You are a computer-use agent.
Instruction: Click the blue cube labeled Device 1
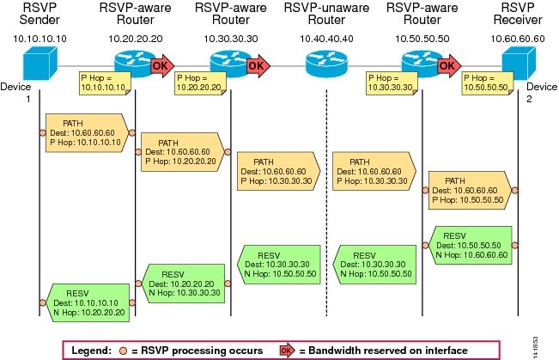(39, 64)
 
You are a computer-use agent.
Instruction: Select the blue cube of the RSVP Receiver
(519, 64)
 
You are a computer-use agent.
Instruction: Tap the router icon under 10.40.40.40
(326, 64)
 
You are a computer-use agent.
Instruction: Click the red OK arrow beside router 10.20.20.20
(162, 65)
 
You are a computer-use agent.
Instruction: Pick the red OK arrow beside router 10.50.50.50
(449, 65)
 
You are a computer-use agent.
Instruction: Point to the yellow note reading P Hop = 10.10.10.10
(105, 83)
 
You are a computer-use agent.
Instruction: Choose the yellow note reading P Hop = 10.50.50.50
(488, 83)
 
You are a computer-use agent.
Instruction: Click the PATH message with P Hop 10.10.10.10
(87, 133)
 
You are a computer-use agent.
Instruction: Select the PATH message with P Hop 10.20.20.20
(183, 152)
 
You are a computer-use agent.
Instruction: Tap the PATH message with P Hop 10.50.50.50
(470, 190)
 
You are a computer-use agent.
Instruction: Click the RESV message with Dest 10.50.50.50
(470, 245)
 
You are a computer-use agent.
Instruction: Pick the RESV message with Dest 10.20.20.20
(183, 284)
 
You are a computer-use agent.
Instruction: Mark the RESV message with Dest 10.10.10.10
(88, 303)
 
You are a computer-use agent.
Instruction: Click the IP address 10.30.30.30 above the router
(231, 39)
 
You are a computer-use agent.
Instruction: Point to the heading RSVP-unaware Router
(326, 14)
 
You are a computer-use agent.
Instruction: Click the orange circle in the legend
(123, 351)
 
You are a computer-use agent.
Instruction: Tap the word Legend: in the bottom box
(91, 351)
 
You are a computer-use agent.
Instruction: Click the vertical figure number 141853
(536, 347)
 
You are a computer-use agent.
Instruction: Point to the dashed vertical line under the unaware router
(326, 203)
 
